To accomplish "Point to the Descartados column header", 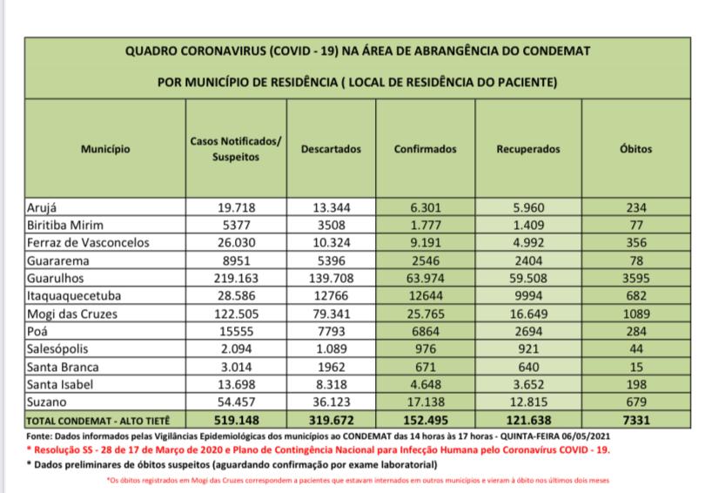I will click(x=330, y=149).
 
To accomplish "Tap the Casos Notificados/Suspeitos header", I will click(x=235, y=149).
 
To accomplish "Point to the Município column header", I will click(x=105, y=149).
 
